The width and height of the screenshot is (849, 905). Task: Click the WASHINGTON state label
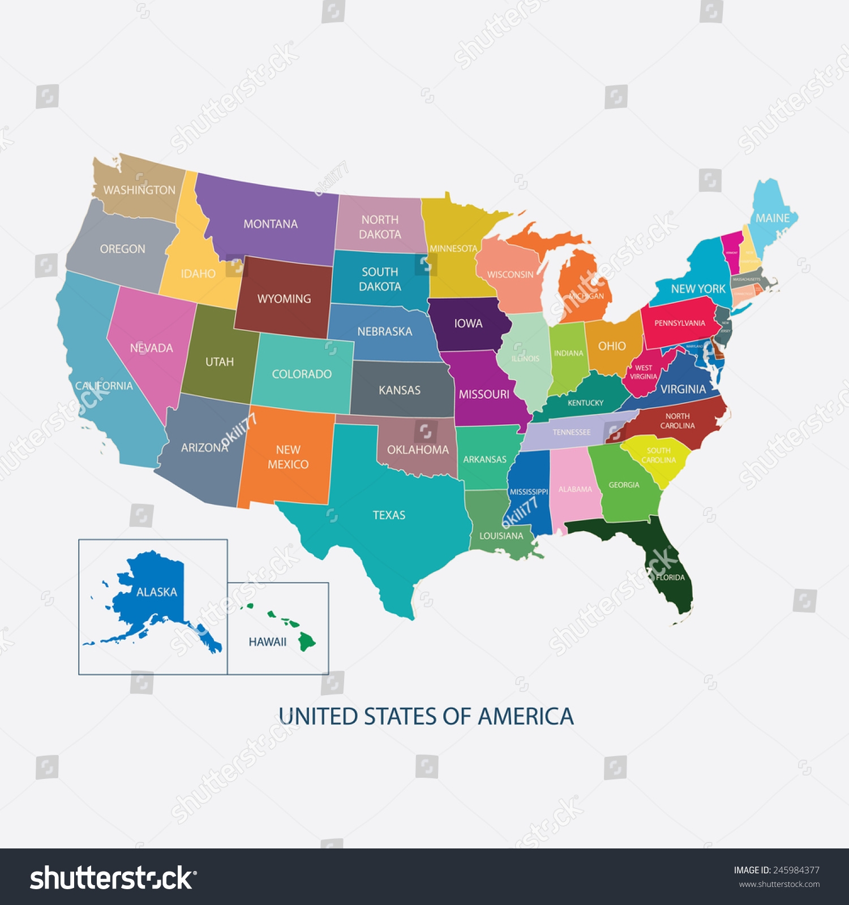(139, 190)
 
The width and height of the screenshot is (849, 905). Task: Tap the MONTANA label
(271, 224)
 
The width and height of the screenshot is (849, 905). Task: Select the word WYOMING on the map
(284, 299)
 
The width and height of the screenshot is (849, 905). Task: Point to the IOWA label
(468, 324)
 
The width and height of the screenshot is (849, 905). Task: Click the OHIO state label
(612, 346)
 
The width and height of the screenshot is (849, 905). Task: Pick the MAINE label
(773, 218)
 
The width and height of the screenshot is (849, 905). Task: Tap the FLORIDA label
(670, 578)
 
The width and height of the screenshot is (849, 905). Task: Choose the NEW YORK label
(698, 289)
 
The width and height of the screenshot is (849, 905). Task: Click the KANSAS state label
(400, 390)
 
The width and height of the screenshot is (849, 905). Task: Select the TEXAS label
(389, 515)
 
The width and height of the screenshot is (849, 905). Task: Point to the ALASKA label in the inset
(157, 592)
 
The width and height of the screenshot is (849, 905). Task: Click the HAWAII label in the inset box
(268, 642)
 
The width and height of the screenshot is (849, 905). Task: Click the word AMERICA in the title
(525, 717)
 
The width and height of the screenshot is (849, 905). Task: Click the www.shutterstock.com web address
(779, 884)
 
